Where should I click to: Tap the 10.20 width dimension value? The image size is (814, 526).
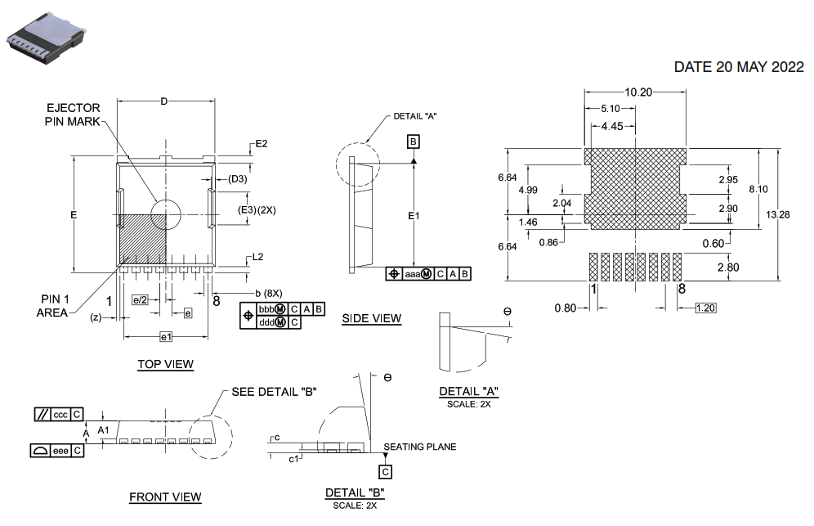(638, 92)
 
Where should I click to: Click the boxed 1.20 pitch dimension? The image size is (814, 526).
(706, 308)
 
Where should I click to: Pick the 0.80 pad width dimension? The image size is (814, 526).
(565, 308)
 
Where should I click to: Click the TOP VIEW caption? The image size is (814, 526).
(165, 364)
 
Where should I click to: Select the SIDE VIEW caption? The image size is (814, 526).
(371, 318)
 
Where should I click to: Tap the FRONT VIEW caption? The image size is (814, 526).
(165, 497)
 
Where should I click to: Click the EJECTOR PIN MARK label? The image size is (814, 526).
(73, 115)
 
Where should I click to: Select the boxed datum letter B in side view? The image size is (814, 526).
(414, 142)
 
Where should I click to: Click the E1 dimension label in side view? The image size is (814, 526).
(414, 216)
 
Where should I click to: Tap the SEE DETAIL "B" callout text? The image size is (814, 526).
(274, 391)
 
